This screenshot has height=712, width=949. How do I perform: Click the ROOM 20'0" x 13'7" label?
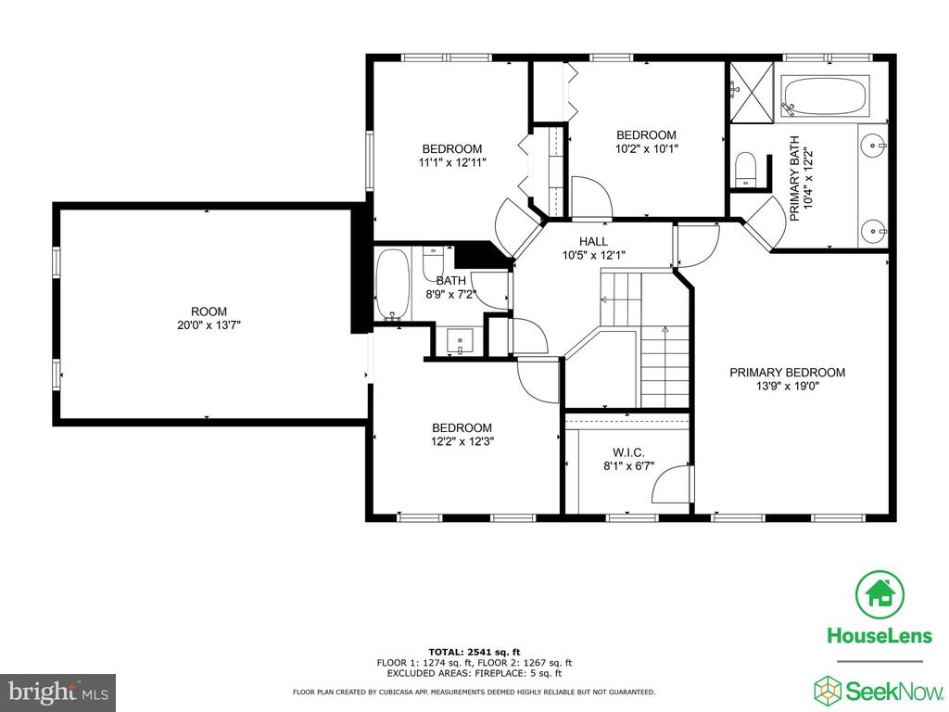click(x=209, y=319)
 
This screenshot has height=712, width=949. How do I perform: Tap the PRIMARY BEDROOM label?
click(x=787, y=373)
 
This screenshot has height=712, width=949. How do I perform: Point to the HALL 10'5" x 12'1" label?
click(x=593, y=248)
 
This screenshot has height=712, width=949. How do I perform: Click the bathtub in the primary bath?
click(x=826, y=95)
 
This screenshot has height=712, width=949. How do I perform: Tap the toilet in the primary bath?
click(x=745, y=170)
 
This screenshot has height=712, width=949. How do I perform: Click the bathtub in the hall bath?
click(x=393, y=285)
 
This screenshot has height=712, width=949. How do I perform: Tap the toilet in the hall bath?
click(x=433, y=262)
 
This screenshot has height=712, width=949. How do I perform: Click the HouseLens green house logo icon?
click(x=879, y=594)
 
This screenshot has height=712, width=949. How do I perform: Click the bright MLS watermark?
click(x=58, y=692)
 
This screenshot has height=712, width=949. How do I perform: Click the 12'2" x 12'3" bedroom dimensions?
click(x=462, y=441)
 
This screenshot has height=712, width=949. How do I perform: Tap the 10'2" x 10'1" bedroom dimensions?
click(x=646, y=148)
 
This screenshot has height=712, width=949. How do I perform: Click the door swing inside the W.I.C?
click(x=672, y=484)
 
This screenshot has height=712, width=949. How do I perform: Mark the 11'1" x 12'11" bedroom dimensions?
click(x=452, y=162)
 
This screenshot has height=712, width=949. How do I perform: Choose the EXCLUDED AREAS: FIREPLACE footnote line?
click(x=474, y=673)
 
